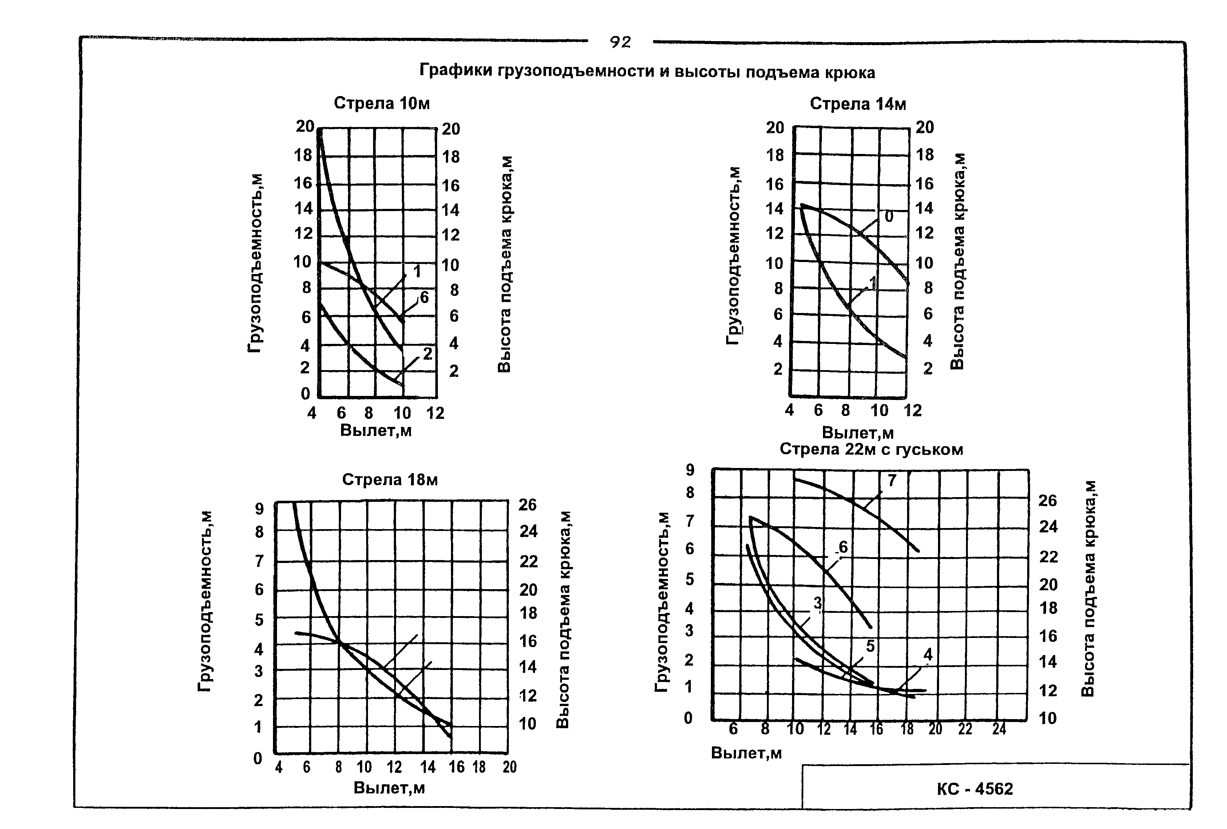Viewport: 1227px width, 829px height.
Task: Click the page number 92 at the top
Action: (x=620, y=42)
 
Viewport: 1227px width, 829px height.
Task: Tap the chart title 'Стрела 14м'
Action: (x=858, y=104)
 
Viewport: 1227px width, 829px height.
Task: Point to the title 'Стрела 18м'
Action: (x=389, y=479)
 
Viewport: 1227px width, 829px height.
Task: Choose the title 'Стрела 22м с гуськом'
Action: (x=871, y=449)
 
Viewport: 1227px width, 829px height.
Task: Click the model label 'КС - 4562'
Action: (x=975, y=789)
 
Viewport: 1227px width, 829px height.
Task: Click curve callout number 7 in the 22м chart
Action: (x=892, y=480)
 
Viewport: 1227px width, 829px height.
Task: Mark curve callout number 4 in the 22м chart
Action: (x=928, y=655)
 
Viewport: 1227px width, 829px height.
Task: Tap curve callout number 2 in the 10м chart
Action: (x=427, y=354)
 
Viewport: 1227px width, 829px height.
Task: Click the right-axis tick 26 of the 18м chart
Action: (x=527, y=505)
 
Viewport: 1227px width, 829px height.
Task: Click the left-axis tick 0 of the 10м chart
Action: (x=305, y=393)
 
